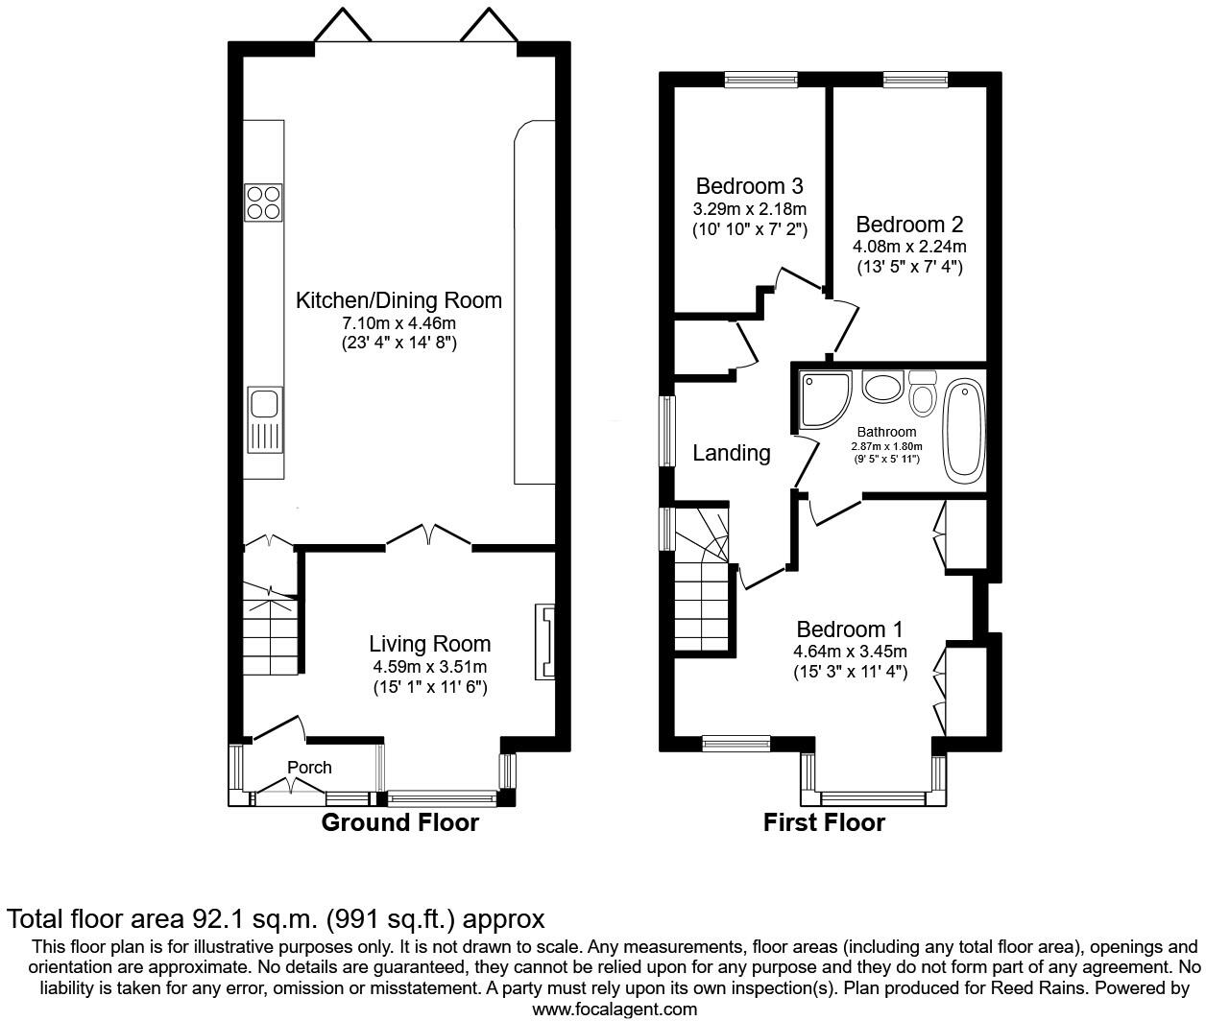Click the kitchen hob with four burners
point(264,202)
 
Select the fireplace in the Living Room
point(544,643)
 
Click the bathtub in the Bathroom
point(963,431)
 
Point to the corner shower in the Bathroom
point(824,399)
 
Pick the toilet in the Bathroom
point(923,392)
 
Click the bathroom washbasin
point(881,388)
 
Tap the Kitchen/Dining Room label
point(398,300)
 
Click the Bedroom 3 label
point(749,186)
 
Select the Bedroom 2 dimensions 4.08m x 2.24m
point(909,247)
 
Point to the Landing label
point(732,453)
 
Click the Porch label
point(309,768)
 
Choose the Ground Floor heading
point(399,822)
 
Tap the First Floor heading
point(824,822)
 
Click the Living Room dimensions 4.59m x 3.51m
point(430,667)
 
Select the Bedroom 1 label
point(850,629)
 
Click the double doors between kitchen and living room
point(428,535)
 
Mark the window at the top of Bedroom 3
point(760,81)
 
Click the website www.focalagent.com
point(615,1009)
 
